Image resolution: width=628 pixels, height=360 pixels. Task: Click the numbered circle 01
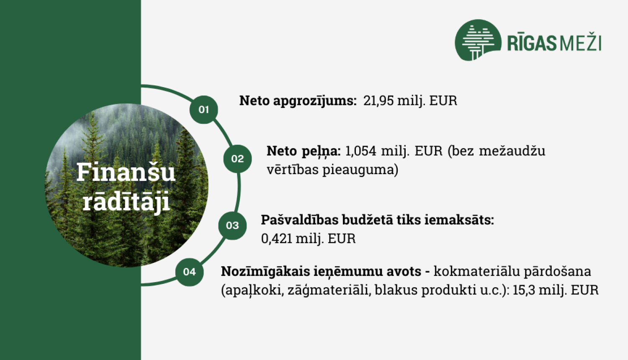pos(203,110)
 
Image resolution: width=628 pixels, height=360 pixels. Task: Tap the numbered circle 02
pos(237,159)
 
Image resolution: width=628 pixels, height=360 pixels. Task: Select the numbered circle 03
pos(232,226)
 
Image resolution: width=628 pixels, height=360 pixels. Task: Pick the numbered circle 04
pos(189,272)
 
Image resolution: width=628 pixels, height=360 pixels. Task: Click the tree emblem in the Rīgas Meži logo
pos(477,41)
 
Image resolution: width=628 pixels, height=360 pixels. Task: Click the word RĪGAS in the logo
pos(532,43)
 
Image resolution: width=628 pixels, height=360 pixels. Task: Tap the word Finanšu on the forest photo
pos(126,172)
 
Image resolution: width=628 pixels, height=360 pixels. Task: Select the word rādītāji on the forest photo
pos(126,202)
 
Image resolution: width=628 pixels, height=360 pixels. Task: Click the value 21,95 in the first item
pos(378,101)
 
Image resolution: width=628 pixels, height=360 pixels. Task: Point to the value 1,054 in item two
pos(360,151)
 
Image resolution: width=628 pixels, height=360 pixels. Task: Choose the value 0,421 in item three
pos(276,239)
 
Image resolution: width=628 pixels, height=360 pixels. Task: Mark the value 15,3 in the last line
pos(524,290)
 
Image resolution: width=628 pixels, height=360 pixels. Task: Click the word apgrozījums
pos(314,101)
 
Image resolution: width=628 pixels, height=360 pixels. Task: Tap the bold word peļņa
pos(321,151)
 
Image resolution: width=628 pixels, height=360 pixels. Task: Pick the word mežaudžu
pos(512,151)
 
